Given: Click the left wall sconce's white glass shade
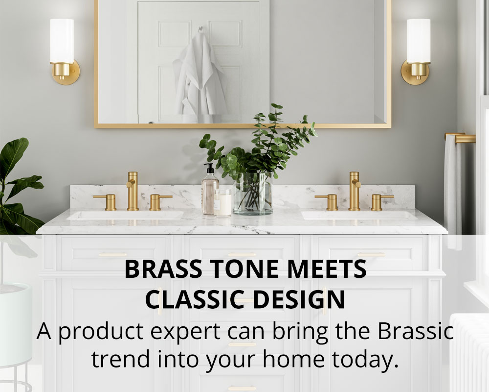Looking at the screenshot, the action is point(62,41).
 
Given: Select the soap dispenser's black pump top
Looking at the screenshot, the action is point(209,169).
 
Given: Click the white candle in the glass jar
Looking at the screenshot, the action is point(222,203).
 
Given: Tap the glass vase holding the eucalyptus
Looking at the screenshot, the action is point(253,194).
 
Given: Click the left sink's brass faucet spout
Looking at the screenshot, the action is point(132,191).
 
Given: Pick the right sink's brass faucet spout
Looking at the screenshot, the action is point(354,191).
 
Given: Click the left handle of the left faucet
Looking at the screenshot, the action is point(106,201).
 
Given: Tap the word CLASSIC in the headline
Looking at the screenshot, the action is point(194,300).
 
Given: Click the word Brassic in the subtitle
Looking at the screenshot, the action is point(416,331).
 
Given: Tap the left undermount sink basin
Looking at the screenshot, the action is point(125,215).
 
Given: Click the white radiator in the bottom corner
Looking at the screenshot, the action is point(469,353).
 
